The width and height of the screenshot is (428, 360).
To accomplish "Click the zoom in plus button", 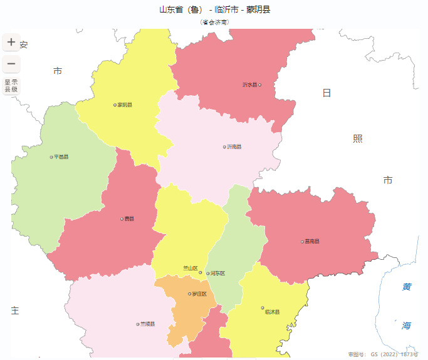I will (x=11, y=43).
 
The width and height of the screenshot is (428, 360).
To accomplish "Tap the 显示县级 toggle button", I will (x=11, y=86).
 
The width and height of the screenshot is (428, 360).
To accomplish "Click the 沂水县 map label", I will (x=250, y=85).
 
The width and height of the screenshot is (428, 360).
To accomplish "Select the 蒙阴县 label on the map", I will (x=125, y=105).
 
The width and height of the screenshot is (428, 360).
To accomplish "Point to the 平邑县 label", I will (x=61, y=157).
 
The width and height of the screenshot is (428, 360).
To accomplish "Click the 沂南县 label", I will (x=234, y=147).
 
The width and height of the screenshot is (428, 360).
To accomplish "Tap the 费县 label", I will (x=129, y=219).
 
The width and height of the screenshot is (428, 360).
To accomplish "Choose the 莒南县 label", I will (x=312, y=241).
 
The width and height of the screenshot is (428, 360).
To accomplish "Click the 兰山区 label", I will (x=190, y=268).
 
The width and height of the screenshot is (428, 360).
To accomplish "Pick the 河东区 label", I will (x=218, y=273).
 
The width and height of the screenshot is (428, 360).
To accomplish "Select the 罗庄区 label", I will (x=200, y=294).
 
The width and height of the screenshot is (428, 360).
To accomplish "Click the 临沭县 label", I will (x=273, y=311).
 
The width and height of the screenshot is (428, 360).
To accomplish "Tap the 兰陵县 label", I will (x=148, y=324).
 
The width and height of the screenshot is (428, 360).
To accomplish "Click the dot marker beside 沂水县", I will (x=260, y=85).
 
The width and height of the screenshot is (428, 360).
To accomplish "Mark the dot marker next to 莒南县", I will (x=302, y=241).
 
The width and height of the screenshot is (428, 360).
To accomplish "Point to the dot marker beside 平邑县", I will (x=51, y=157).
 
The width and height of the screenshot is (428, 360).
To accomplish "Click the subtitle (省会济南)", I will (x=214, y=22).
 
